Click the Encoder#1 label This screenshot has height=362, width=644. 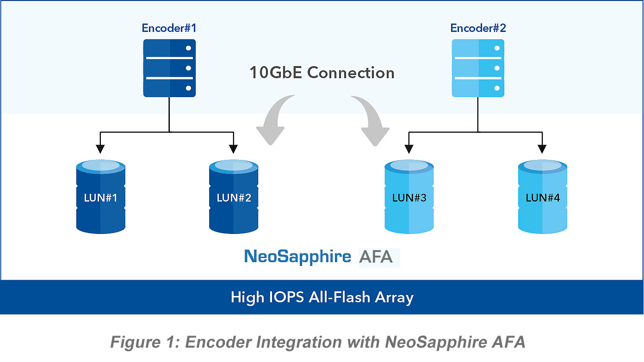(169, 28)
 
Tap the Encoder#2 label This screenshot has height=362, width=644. (478, 28)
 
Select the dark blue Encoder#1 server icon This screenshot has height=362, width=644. (169, 68)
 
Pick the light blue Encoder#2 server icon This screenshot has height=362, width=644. (478, 68)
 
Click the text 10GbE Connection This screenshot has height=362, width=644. (322, 73)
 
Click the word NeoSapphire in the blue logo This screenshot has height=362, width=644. (297, 257)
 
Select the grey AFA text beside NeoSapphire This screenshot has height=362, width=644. (376, 257)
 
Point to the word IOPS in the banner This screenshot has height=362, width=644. (282, 297)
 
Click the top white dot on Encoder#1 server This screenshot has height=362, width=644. (188, 48)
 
